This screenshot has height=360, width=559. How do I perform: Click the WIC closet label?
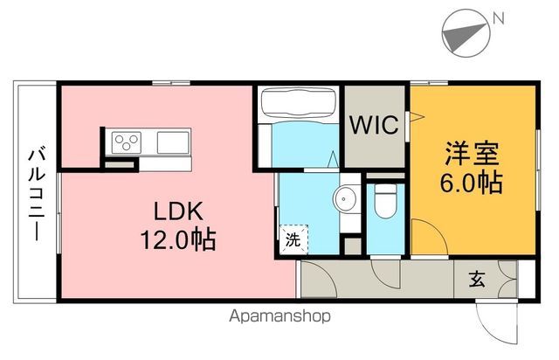click(x=376, y=126)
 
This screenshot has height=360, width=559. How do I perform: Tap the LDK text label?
click(x=179, y=211)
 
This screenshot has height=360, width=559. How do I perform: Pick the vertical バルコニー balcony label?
click(x=38, y=193)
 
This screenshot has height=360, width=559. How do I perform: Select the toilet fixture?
click(x=383, y=202)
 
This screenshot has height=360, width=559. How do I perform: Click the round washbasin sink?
click(x=347, y=197)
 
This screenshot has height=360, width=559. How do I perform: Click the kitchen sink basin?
click(x=173, y=140)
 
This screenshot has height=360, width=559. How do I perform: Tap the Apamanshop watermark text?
click(x=279, y=315)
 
